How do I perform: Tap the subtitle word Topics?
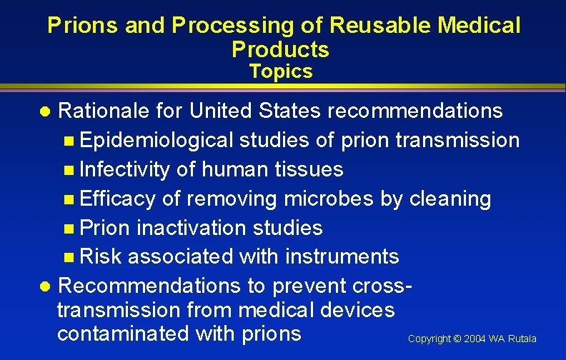[x=281, y=71]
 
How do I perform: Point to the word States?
[x=291, y=111]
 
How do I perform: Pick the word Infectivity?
[x=125, y=169]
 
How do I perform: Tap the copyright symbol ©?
[x=457, y=339]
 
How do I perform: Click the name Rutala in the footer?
[x=522, y=339]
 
